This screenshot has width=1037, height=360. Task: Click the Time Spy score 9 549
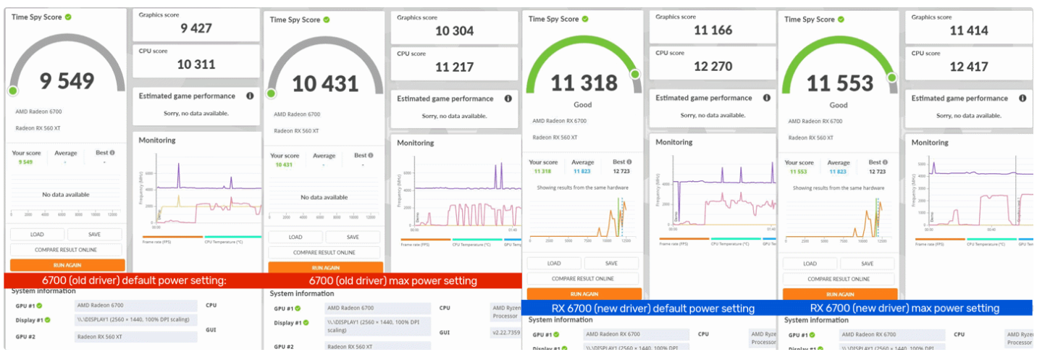(x=67, y=80)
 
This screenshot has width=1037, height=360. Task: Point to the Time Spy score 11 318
(x=584, y=83)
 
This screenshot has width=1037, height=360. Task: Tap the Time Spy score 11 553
(x=839, y=84)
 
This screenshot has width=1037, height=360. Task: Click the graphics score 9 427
(x=197, y=28)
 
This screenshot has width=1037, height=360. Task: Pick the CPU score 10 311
(x=196, y=64)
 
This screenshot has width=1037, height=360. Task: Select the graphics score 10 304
(x=454, y=30)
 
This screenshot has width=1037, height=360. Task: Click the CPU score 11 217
(x=454, y=67)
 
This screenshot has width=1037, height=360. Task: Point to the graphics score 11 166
(x=713, y=30)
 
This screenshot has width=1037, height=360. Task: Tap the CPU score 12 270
(x=713, y=67)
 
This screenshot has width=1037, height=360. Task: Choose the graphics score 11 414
(x=969, y=30)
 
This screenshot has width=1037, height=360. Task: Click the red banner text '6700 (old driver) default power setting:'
(x=135, y=280)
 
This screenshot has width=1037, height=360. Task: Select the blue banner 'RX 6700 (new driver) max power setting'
(x=904, y=308)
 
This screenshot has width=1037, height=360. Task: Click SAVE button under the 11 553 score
(x=867, y=264)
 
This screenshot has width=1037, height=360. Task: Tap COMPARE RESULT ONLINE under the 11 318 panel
(x=582, y=278)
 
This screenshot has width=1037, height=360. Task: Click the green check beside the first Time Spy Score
(x=68, y=17)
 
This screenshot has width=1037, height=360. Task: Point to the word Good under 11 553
(x=839, y=105)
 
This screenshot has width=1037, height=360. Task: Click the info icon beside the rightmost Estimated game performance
(x=1022, y=98)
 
